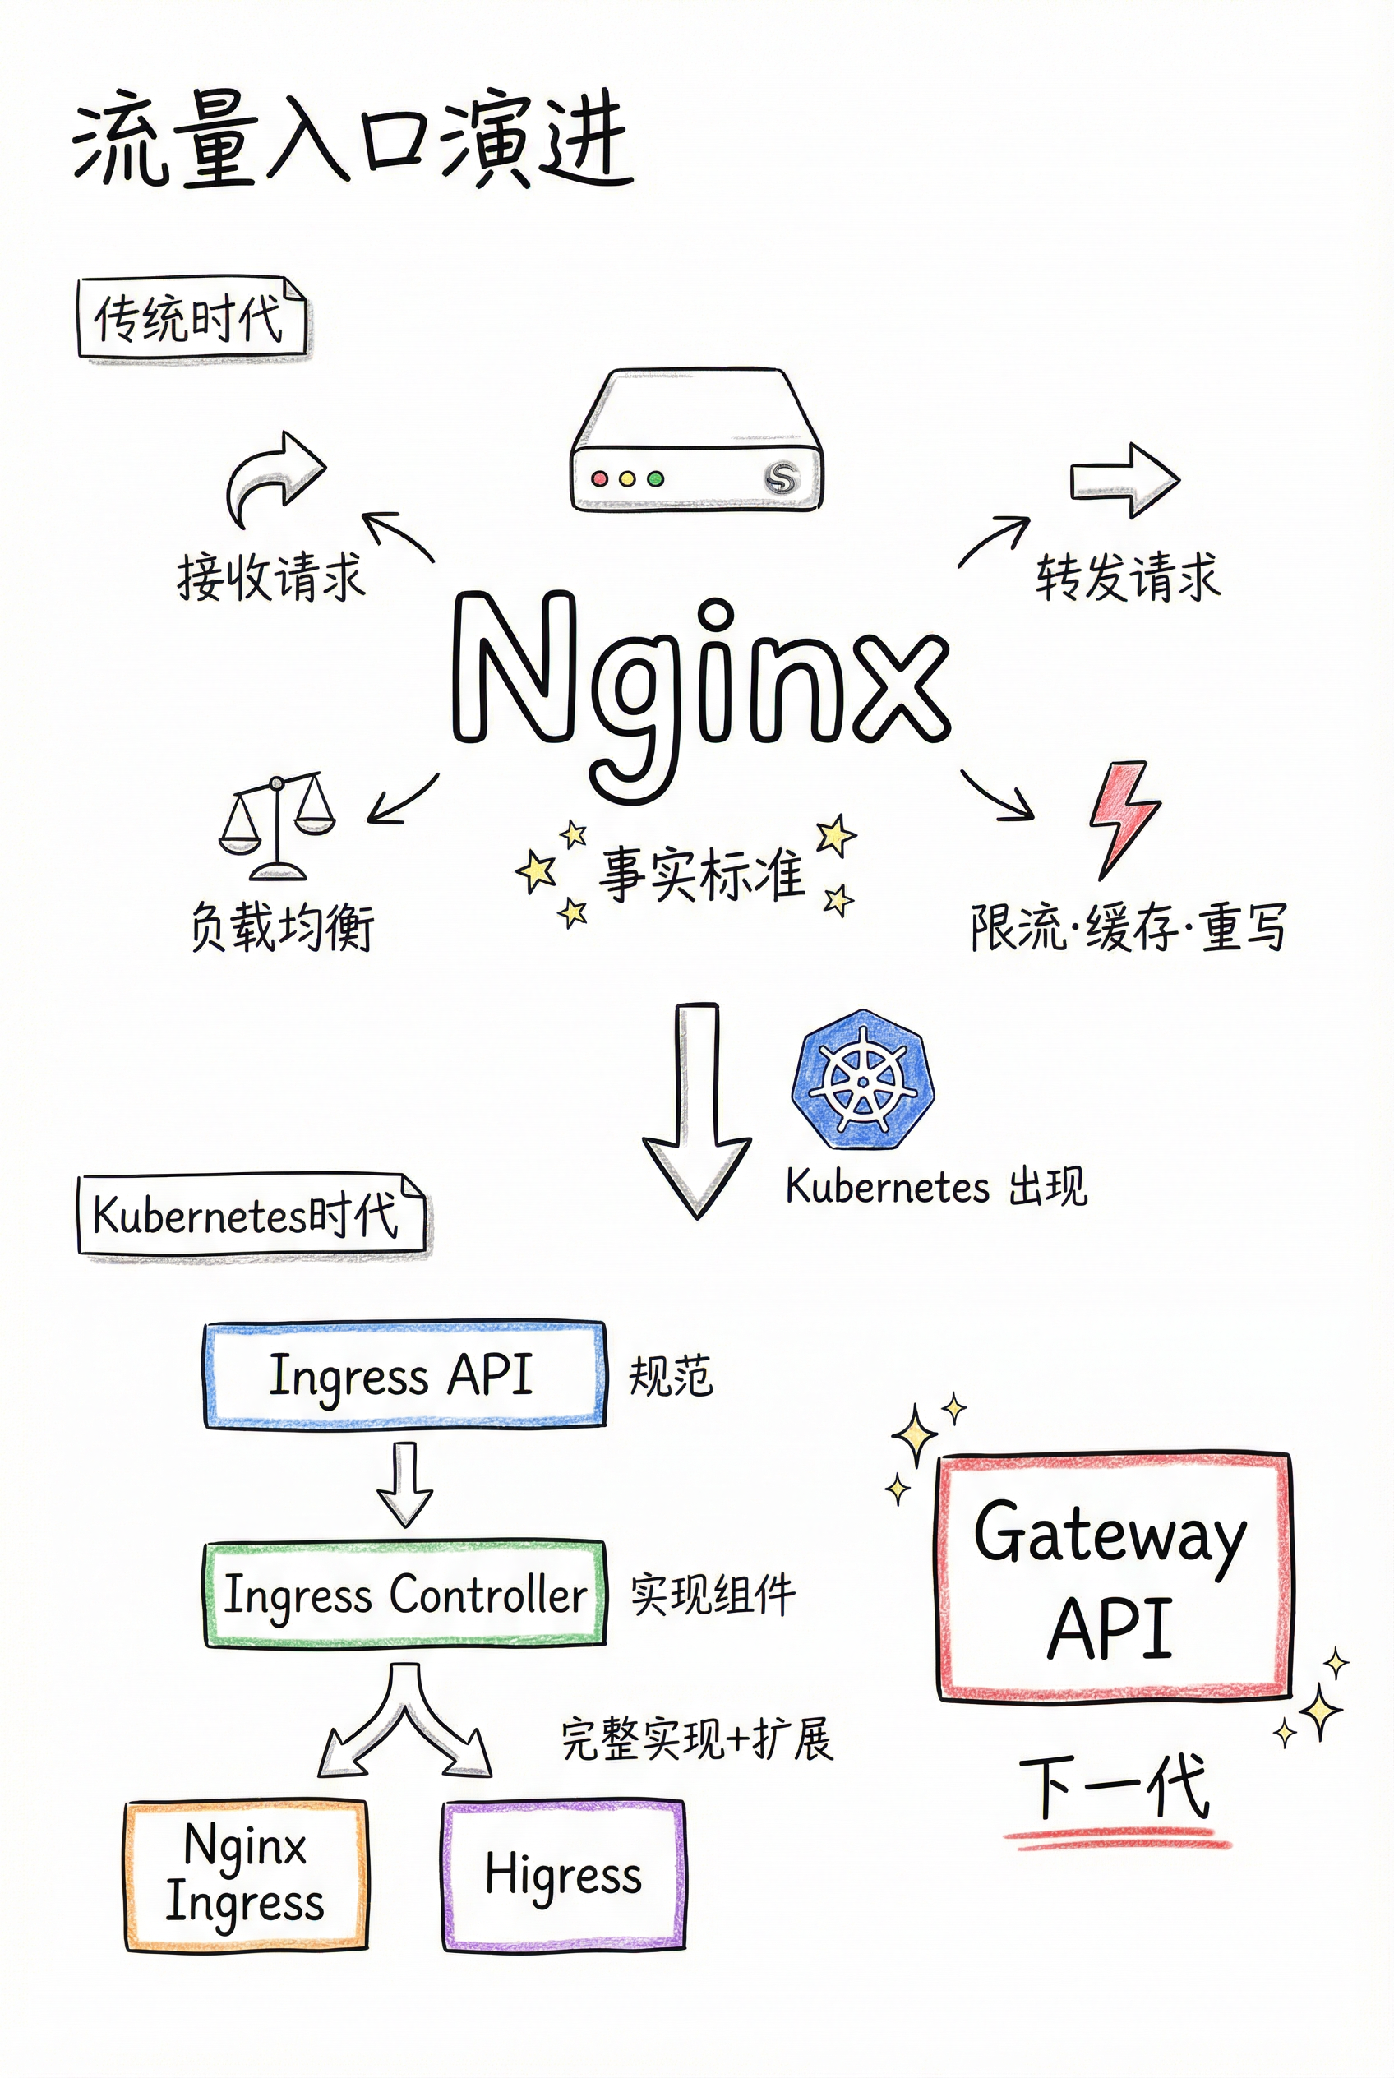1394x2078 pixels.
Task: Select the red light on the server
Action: [599, 478]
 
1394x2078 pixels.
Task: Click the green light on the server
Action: [655, 478]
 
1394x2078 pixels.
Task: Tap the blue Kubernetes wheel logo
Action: [861, 1078]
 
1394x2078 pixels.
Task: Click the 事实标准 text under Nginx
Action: [701, 873]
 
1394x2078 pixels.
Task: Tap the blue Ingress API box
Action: [404, 1374]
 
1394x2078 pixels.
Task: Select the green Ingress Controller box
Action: [404, 1595]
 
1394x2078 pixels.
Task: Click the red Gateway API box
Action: [1113, 1577]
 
